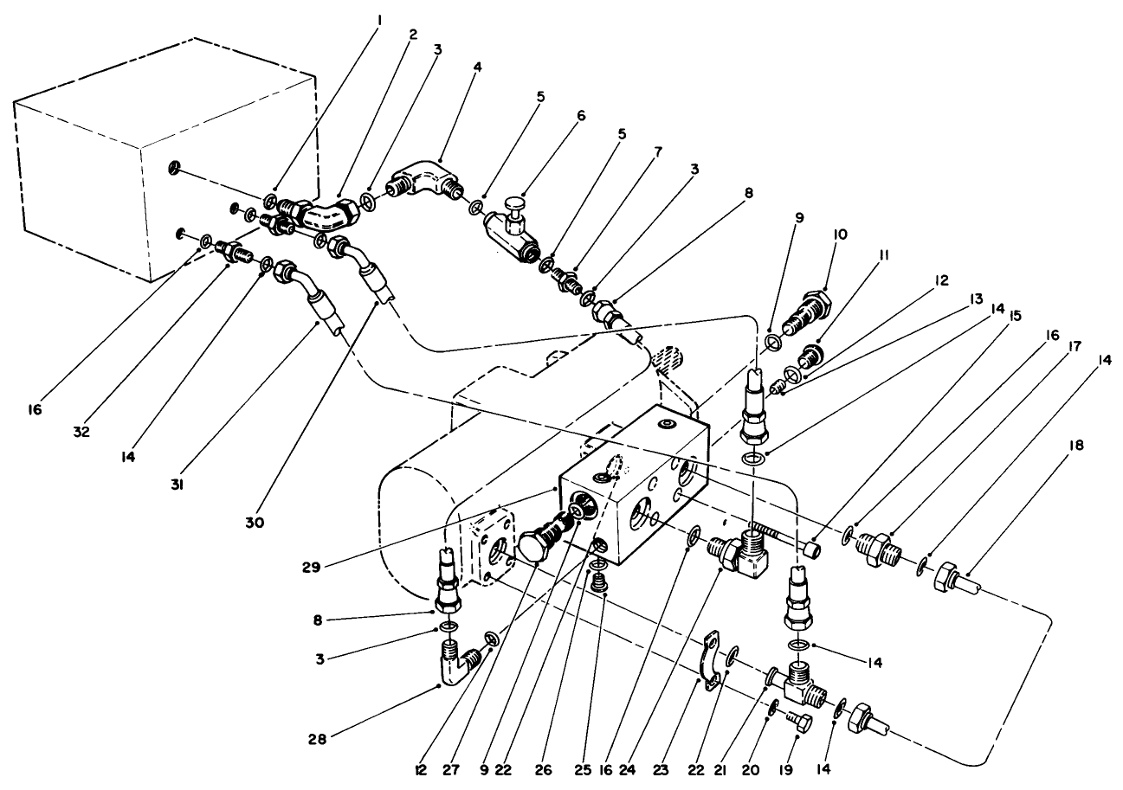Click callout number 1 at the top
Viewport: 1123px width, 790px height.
pyautogui.click(x=377, y=15)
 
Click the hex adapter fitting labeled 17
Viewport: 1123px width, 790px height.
pyautogui.click(x=879, y=545)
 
